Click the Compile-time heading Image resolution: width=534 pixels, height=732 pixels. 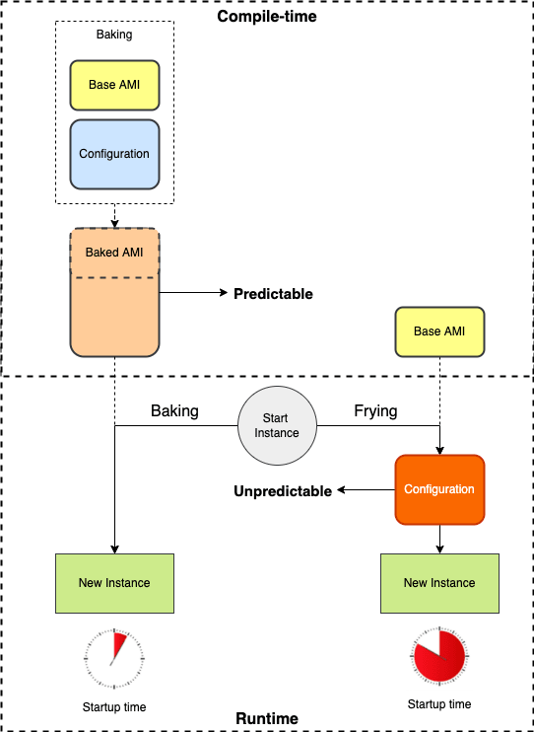(267, 17)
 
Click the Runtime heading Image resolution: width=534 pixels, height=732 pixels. (267, 718)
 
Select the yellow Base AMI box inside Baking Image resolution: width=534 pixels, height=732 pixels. (114, 85)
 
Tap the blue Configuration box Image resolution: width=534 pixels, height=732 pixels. (114, 154)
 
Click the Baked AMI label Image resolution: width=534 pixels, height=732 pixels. (114, 253)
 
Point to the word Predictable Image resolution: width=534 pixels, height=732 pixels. (273, 294)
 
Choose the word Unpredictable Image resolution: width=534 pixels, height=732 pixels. (283, 491)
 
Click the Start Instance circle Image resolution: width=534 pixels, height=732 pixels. (277, 425)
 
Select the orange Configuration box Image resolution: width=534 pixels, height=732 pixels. (439, 489)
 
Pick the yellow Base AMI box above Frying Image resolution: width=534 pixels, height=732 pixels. (439, 331)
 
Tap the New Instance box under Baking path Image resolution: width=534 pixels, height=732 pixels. (114, 583)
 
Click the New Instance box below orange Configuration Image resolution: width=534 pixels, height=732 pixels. (439, 583)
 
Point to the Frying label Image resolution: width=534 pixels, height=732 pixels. (376, 410)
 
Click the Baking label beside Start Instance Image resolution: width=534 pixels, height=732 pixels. (175, 410)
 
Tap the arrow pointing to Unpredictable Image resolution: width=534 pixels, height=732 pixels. (367, 489)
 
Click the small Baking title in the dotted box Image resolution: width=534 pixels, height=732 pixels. (114, 35)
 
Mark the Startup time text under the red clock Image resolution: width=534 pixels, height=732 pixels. (439, 703)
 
